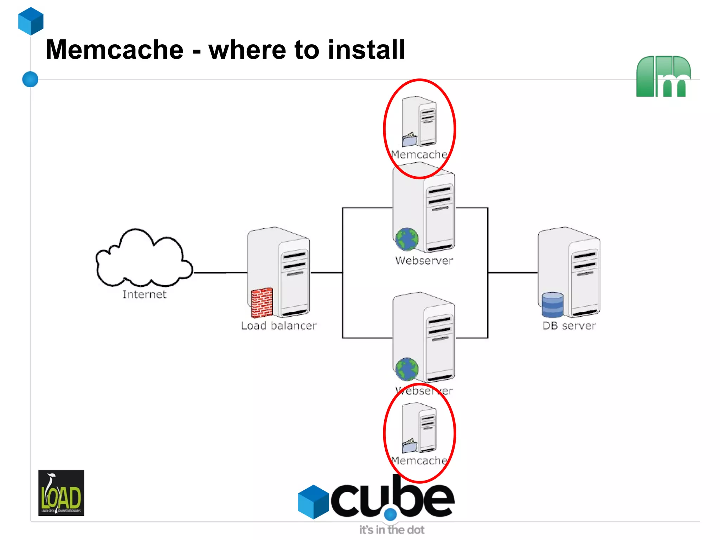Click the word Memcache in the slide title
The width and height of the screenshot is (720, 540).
(x=115, y=50)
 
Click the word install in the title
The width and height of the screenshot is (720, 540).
(x=366, y=50)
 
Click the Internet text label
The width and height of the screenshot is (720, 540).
(x=144, y=294)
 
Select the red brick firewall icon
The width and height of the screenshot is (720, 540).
(x=262, y=302)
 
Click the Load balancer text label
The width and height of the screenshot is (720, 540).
(x=279, y=325)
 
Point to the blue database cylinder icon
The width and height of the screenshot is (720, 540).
(x=552, y=305)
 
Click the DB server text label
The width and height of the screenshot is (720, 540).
(x=569, y=325)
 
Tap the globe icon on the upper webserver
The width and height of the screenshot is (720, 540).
(x=407, y=239)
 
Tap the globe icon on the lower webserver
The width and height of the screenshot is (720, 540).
(x=407, y=369)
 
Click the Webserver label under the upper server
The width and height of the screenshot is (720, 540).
(x=424, y=260)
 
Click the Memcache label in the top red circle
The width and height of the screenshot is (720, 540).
(x=419, y=154)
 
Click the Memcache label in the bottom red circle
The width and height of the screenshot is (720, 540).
(x=419, y=460)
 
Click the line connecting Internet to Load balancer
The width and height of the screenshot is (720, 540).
(x=220, y=273)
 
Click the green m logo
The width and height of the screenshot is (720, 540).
(x=663, y=76)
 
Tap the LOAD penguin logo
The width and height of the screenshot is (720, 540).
(x=61, y=493)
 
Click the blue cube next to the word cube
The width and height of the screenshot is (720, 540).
(x=313, y=502)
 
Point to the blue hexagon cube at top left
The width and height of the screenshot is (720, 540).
(x=31, y=21)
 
